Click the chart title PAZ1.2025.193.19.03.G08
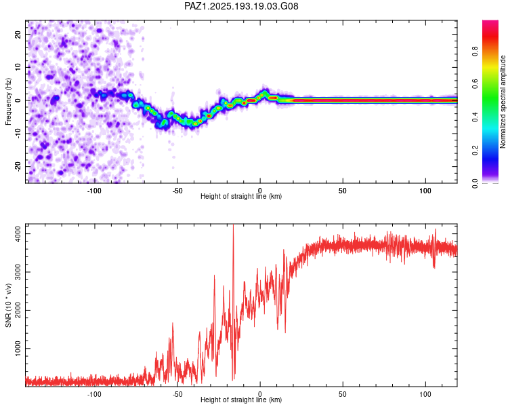coord(241,6)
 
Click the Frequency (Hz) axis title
coord(8,101)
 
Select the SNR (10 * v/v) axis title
coord(8,305)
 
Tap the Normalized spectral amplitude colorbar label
coord(503,102)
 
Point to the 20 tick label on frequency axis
coord(18,34)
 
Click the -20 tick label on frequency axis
coord(18,166)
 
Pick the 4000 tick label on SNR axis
coord(18,233)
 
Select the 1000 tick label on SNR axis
coord(18,348)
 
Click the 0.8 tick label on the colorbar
coord(475,51)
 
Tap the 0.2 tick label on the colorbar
coord(475,150)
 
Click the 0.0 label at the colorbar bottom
coord(475,183)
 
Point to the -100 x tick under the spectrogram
coord(94,191)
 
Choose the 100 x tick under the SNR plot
coord(425,394)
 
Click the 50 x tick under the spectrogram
coord(343,191)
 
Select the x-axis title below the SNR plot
coord(241,400)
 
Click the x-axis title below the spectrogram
coord(241,196)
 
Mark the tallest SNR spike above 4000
coord(233,226)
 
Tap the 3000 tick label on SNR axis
coord(18,272)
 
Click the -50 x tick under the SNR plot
coord(177,394)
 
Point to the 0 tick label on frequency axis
coord(18,100)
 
